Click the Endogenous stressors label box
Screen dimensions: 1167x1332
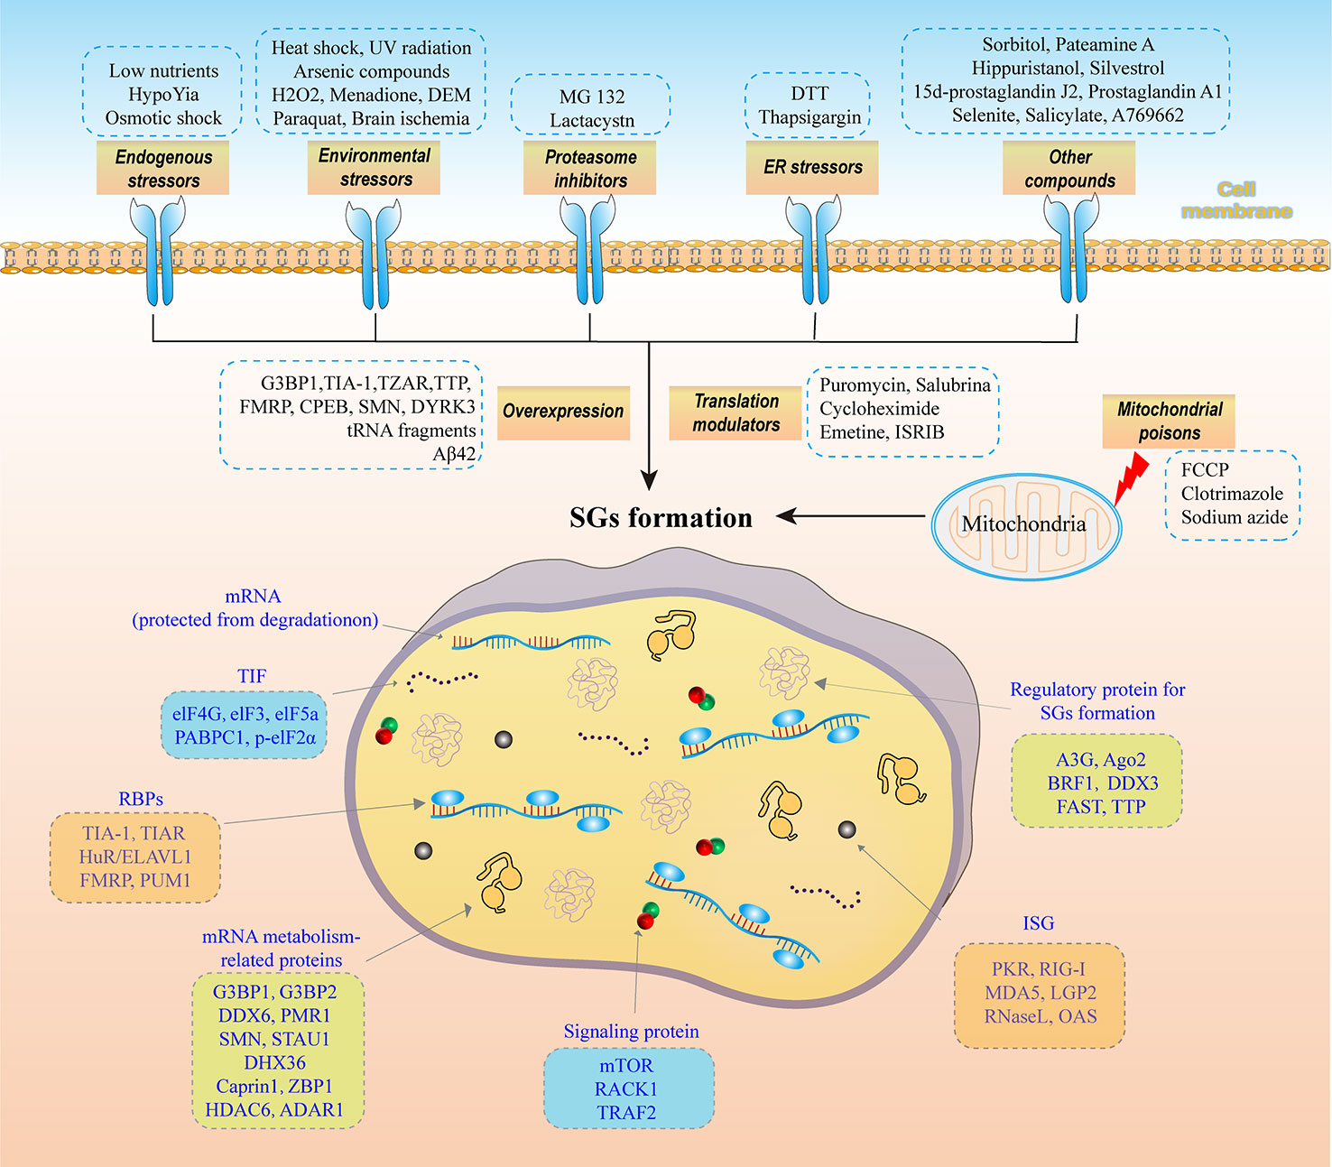point(163,169)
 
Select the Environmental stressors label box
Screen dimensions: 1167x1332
point(375,168)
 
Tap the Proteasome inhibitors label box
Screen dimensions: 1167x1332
point(590,169)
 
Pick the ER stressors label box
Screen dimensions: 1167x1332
point(812,168)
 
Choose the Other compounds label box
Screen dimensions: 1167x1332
point(1069,169)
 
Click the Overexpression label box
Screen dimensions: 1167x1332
point(563,412)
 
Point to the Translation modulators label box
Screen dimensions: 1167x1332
point(735,413)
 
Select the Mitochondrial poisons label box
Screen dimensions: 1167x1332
point(1169,421)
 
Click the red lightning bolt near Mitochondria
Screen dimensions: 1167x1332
point(1131,477)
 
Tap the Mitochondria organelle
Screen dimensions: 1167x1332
point(1024,525)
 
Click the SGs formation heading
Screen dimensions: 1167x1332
point(661,518)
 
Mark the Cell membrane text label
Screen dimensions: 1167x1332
point(1236,200)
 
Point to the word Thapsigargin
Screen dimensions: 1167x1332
point(809,117)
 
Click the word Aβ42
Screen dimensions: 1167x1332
point(454,455)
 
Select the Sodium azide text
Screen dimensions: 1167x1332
point(1235,517)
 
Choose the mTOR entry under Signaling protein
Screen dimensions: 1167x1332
point(626,1066)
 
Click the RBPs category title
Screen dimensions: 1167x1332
point(141,799)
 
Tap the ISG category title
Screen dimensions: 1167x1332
point(1038,923)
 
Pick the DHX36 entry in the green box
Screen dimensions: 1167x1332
point(275,1062)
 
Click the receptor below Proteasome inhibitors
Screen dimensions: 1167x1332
point(588,253)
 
